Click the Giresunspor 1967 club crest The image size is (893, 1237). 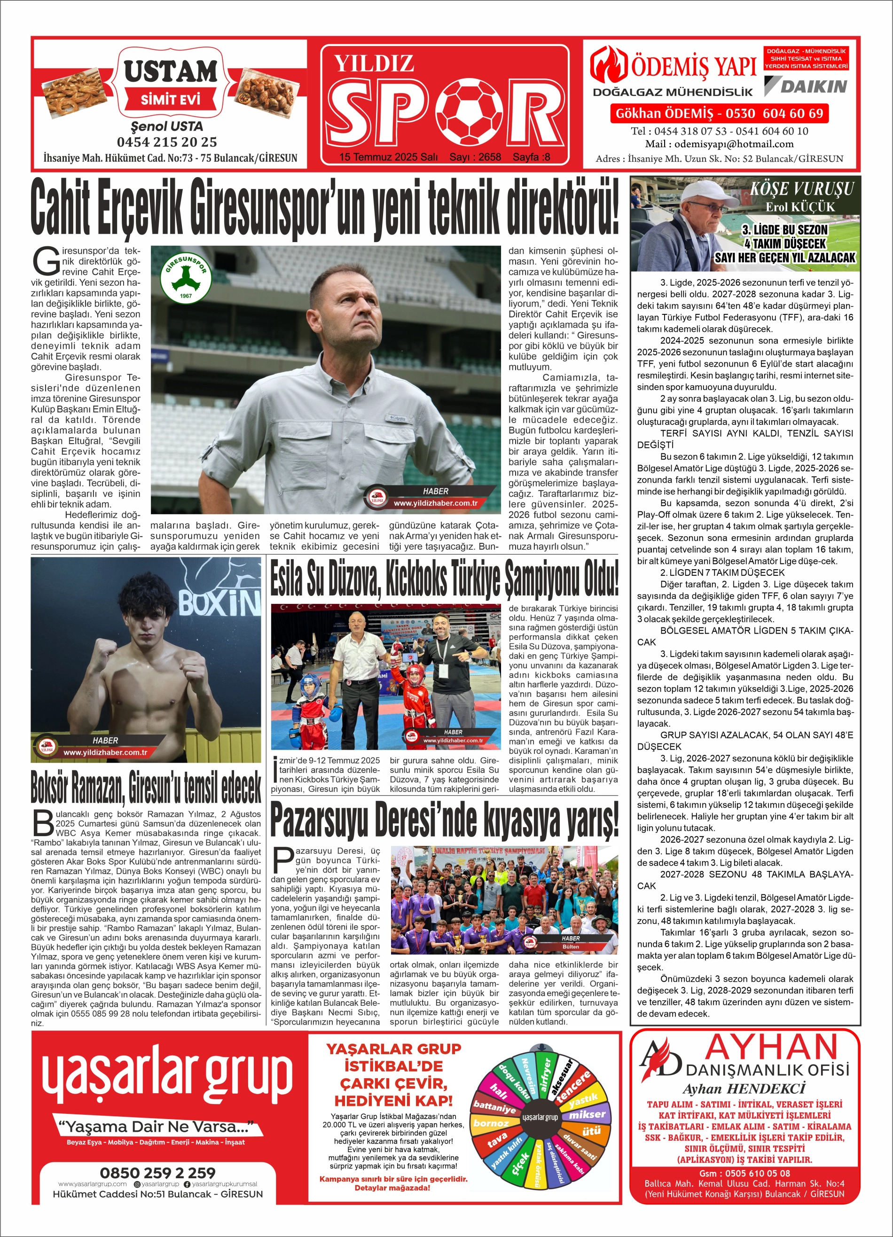tap(186, 279)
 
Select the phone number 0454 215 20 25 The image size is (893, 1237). tap(167, 142)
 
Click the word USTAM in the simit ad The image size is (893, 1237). tap(170, 71)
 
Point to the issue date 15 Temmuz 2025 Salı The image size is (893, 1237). tap(388, 157)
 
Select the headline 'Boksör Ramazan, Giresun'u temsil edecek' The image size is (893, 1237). tap(146, 788)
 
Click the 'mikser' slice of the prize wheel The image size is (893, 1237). tap(587, 1115)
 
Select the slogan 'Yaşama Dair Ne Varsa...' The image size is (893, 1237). tap(157, 1126)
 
